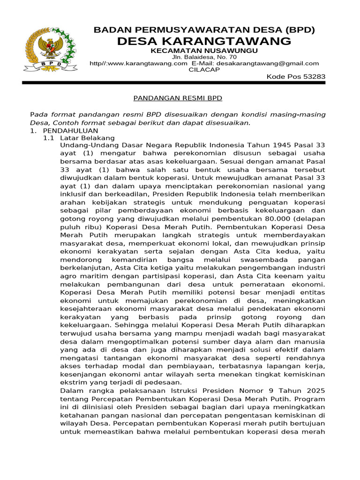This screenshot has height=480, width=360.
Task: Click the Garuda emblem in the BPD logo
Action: [x=48, y=47]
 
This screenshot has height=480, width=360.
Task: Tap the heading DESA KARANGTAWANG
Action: [x=204, y=41]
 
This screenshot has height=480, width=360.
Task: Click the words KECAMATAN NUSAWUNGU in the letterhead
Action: [x=204, y=51]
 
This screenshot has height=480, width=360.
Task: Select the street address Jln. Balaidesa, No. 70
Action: [x=204, y=57]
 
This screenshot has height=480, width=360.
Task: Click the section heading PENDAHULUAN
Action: [x=70, y=130]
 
